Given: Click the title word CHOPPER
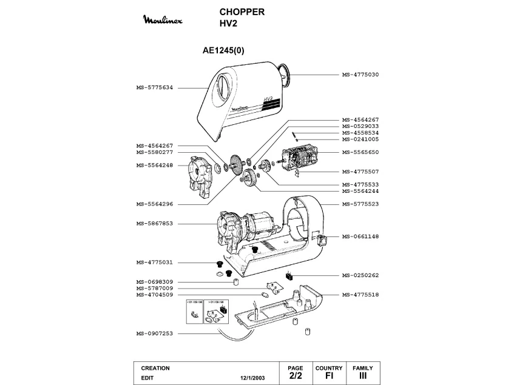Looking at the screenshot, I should (241, 12).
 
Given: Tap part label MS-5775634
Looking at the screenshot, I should (155, 87).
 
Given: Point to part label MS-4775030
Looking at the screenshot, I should (360, 75).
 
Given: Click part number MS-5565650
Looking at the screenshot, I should (360, 152).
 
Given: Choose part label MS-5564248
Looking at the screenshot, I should (155, 165).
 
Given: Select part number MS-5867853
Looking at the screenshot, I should (155, 224).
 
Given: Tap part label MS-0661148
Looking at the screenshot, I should (360, 236).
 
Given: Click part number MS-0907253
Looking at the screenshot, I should (155, 333).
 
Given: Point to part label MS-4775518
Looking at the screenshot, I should (360, 294).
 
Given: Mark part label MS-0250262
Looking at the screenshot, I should (360, 275).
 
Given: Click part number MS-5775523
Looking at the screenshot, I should (360, 204).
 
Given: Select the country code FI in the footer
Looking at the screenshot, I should (329, 377).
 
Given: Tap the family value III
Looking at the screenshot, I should (363, 377).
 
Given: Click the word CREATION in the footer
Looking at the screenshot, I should (155, 368).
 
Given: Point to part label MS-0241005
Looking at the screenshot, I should (360, 139).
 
